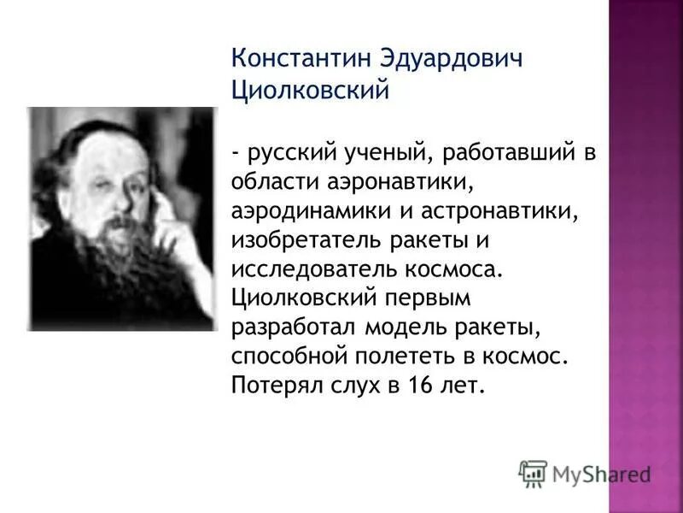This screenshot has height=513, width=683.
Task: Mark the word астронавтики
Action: [477, 211]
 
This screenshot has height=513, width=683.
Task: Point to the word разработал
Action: [293, 327]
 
